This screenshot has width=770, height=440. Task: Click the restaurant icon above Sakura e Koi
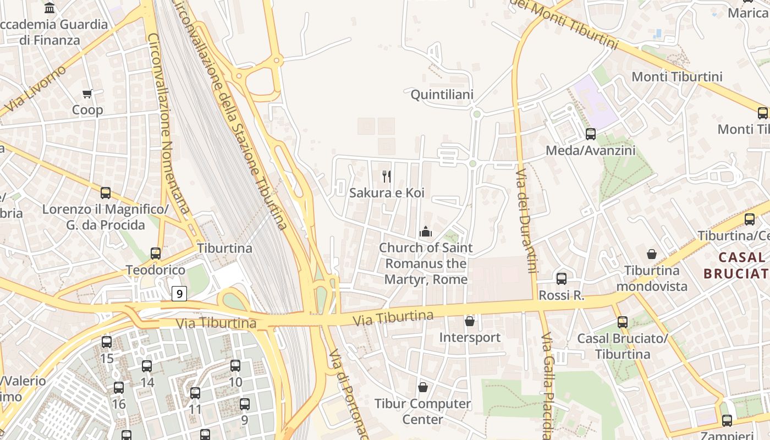point(387,177)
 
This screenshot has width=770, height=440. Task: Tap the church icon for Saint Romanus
point(426,232)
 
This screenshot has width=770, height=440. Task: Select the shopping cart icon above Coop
point(87,94)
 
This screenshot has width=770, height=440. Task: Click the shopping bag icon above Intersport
point(470,321)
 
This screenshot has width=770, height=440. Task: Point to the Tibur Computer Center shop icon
point(423,387)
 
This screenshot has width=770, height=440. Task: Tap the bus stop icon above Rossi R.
point(562,279)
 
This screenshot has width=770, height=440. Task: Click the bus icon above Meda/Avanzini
point(591,134)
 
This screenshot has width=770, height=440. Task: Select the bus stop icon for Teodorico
point(156,254)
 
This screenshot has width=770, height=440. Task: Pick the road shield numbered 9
point(179,294)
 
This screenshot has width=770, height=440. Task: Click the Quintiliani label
point(442,95)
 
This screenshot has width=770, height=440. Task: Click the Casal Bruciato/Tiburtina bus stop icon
point(623,322)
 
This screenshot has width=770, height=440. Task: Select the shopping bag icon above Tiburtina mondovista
point(652,254)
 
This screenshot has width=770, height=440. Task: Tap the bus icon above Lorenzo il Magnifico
point(106,193)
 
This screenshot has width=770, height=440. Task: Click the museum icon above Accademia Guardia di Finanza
point(50,8)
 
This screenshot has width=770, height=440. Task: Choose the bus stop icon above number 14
point(147,366)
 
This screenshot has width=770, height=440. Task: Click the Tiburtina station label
point(225,248)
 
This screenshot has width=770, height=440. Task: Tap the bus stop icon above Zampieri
point(727,421)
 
